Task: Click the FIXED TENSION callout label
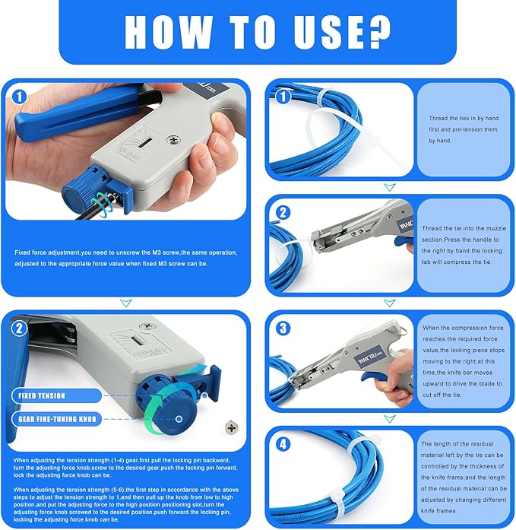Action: tap(43, 395)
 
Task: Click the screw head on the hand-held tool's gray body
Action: tap(175, 140)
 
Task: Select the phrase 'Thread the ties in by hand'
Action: tap(464, 119)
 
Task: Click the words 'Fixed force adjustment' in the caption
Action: tap(47, 252)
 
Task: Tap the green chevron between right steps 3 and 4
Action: tap(389, 419)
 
